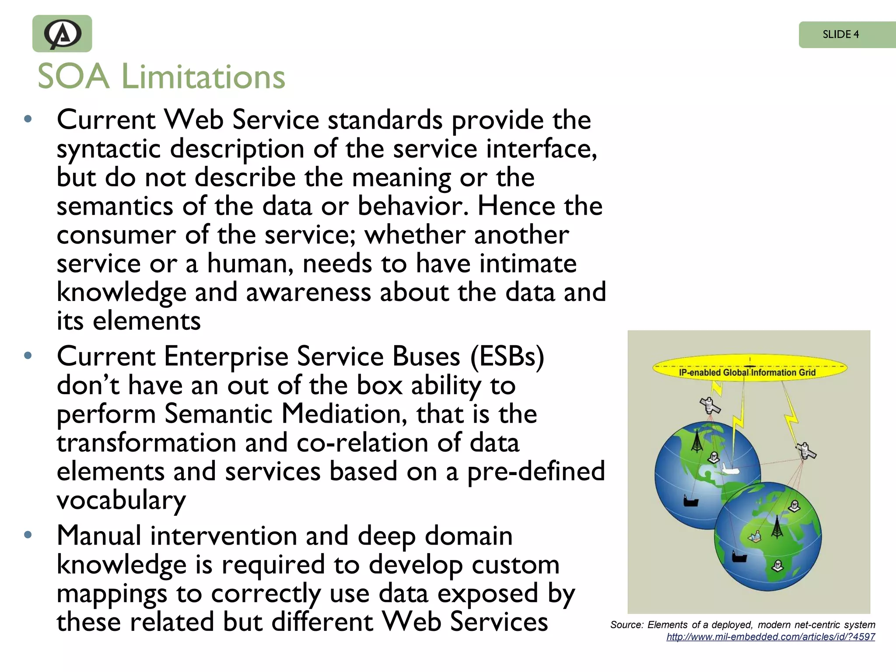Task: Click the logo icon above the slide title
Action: point(62,34)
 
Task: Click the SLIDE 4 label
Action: point(840,34)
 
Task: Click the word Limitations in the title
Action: point(203,77)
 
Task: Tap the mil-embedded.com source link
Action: point(770,637)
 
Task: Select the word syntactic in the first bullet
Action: point(108,149)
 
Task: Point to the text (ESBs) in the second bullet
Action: point(507,356)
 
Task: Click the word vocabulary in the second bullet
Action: point(121,500)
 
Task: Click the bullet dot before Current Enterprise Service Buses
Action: point(28,355)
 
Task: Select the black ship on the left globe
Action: point(690,501)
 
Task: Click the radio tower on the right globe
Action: point(777,528)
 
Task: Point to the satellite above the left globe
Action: point(710,405)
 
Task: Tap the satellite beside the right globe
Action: point(805,451)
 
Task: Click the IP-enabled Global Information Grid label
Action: point(747,372)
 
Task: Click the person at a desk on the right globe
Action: point(754,536)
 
